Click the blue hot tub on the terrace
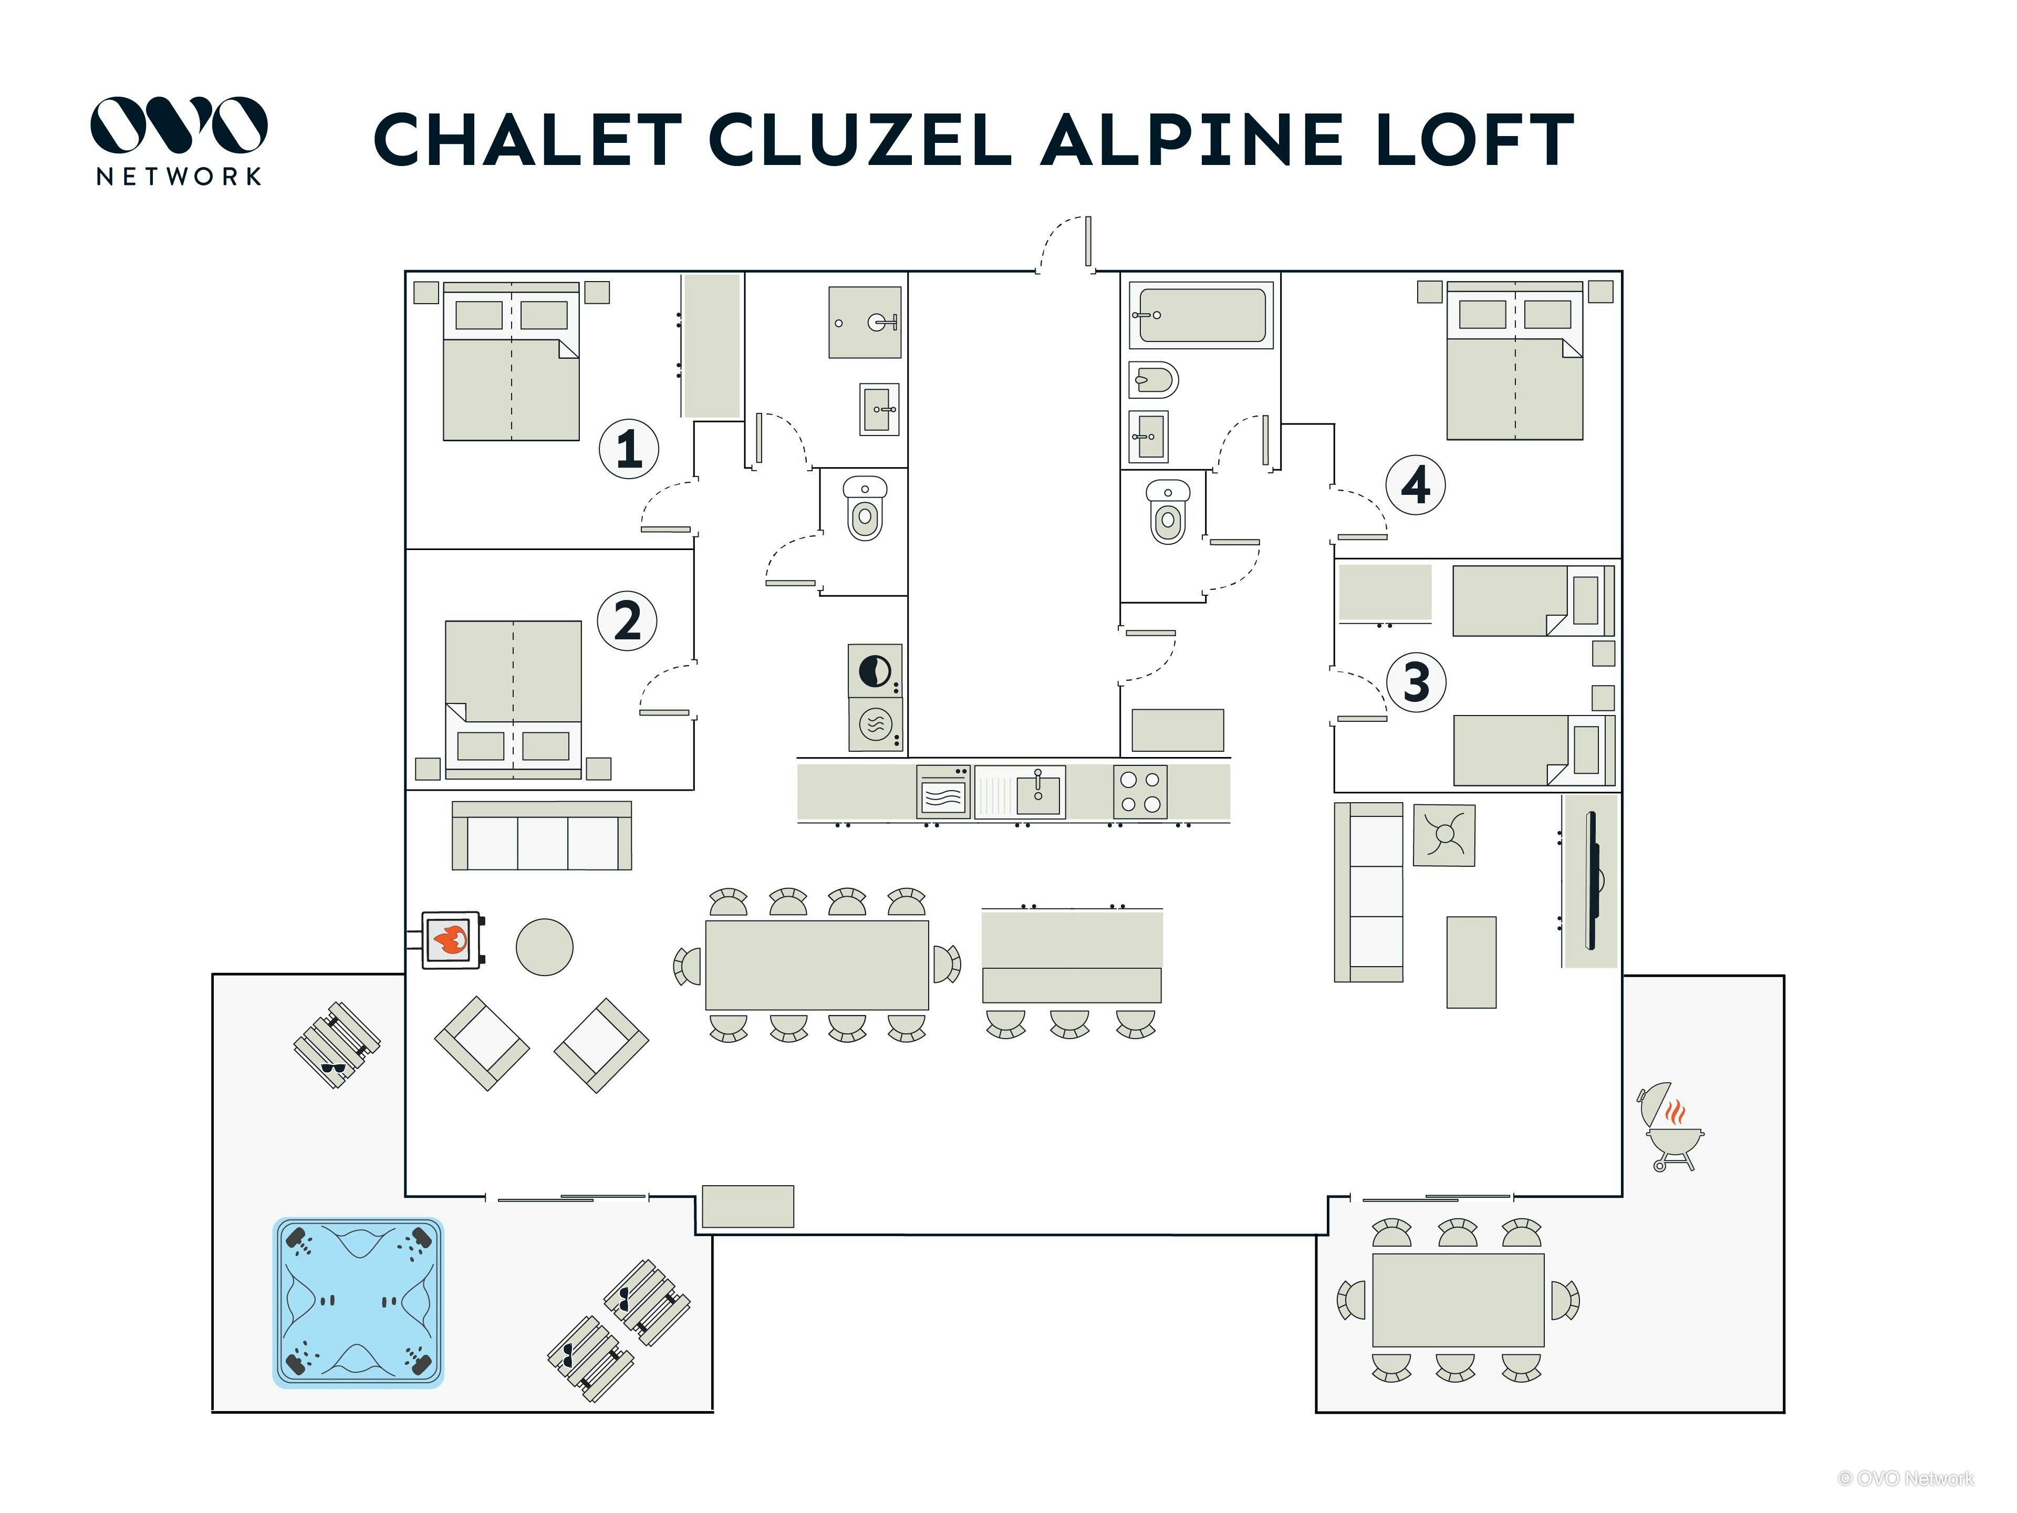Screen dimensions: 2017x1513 358,1302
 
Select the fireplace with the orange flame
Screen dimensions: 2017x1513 451,939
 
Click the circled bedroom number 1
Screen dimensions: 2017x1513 628,448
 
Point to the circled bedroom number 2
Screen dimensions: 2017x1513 627,621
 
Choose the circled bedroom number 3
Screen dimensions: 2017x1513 1416,681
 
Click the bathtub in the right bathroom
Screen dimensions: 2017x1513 1201,315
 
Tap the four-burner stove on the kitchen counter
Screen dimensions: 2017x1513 1140,792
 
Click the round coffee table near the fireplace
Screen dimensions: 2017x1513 544,947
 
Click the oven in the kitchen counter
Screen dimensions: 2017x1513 943,792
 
